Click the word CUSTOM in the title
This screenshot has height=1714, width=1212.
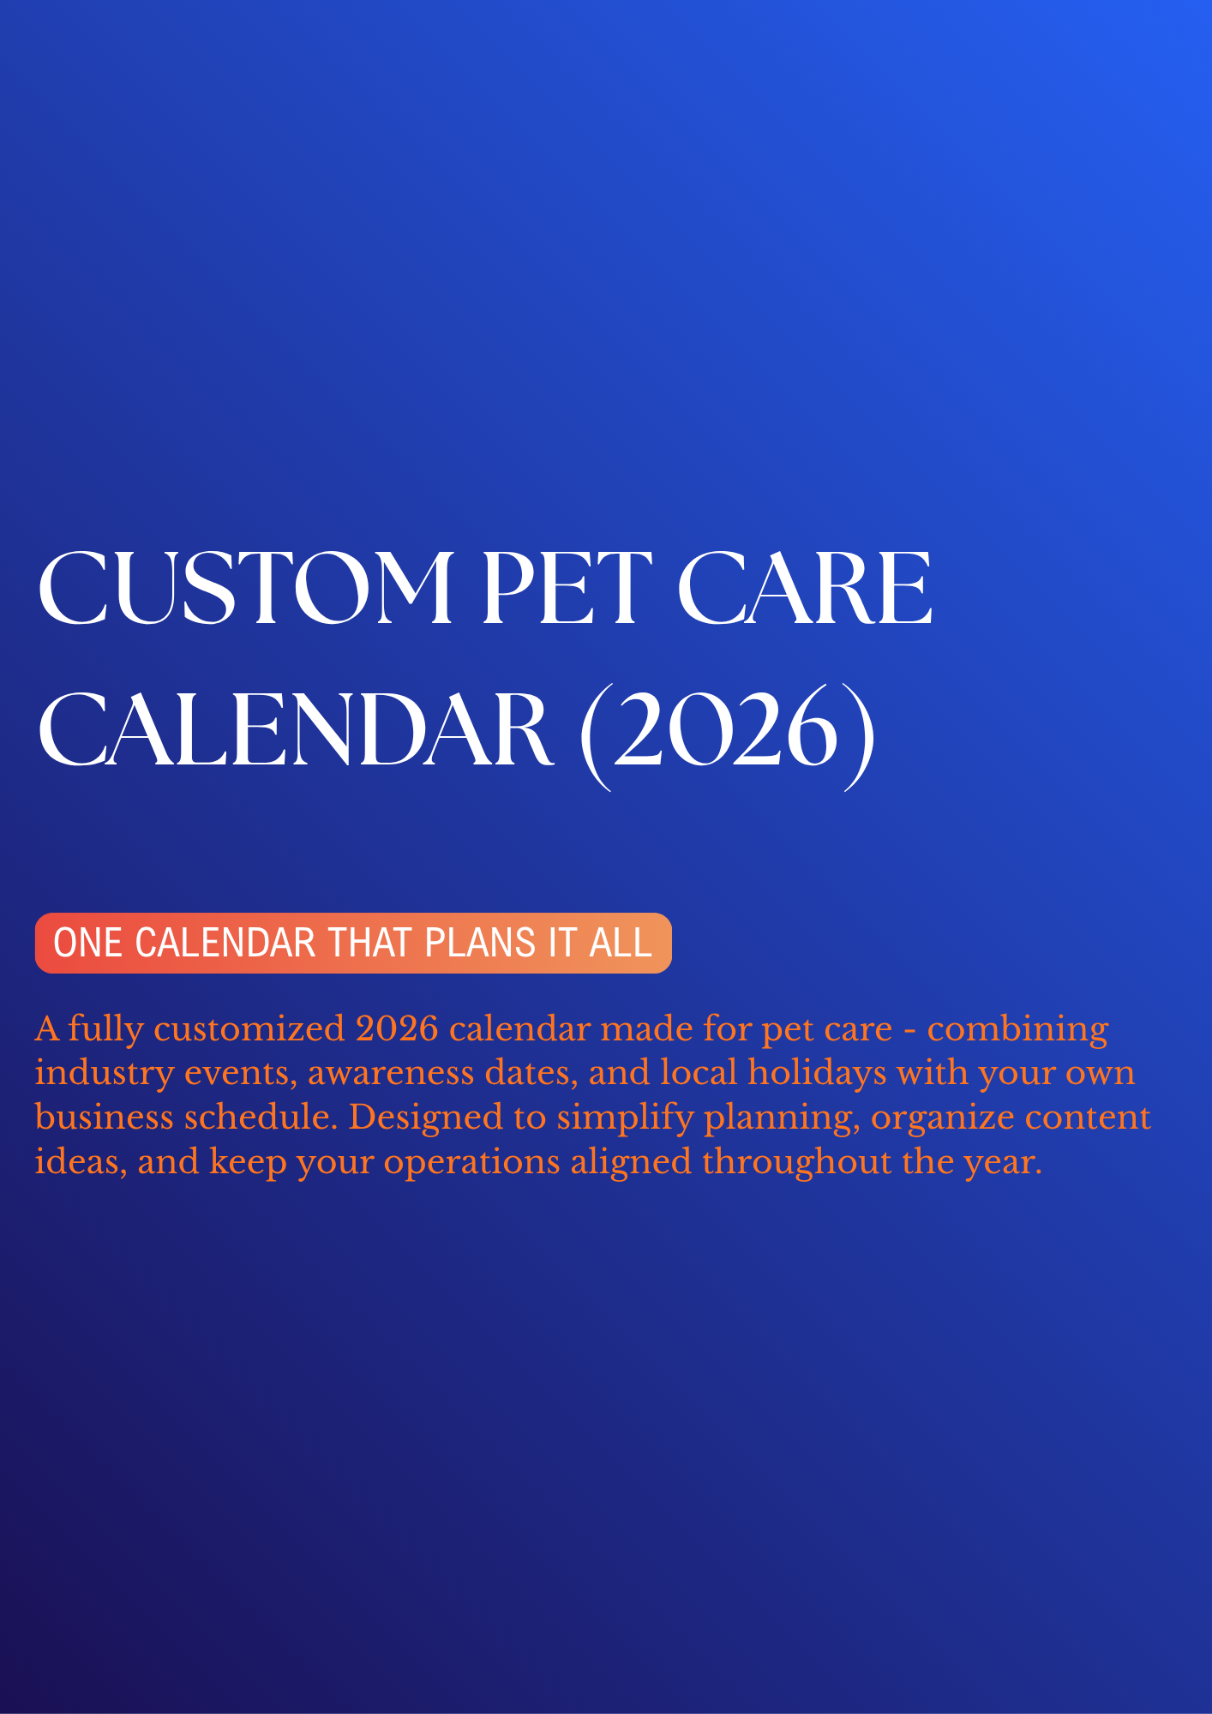tap(245, 589)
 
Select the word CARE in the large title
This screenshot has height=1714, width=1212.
tap(805, 589)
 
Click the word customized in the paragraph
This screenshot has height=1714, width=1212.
tap(249, 1028)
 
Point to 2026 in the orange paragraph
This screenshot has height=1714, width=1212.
tap(397, 1028)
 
